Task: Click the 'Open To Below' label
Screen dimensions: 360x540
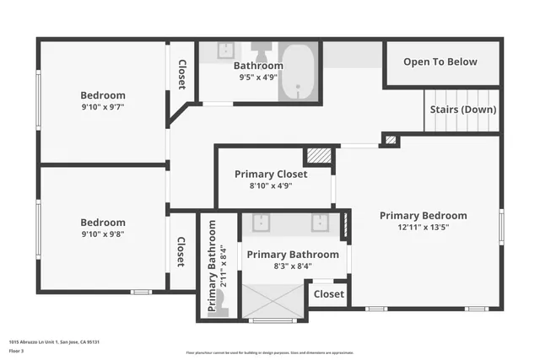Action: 440,62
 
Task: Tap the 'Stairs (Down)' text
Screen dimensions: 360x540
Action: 463,110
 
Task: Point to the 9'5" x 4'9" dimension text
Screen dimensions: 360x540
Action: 258,78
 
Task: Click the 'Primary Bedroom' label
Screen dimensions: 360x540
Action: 423,215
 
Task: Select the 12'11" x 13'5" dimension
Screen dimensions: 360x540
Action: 423,228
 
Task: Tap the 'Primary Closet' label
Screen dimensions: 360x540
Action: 271,174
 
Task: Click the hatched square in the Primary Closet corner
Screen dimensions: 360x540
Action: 317,157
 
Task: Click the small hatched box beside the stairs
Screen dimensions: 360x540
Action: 389,140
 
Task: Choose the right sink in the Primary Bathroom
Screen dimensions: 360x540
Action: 321,223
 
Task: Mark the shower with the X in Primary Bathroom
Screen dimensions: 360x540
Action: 273,300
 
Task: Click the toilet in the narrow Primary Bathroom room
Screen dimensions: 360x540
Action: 222,309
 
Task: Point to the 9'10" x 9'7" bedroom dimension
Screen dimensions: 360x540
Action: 103,108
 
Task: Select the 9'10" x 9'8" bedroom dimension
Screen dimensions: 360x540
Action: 103,235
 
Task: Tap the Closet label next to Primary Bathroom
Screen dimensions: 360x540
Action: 329,294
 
